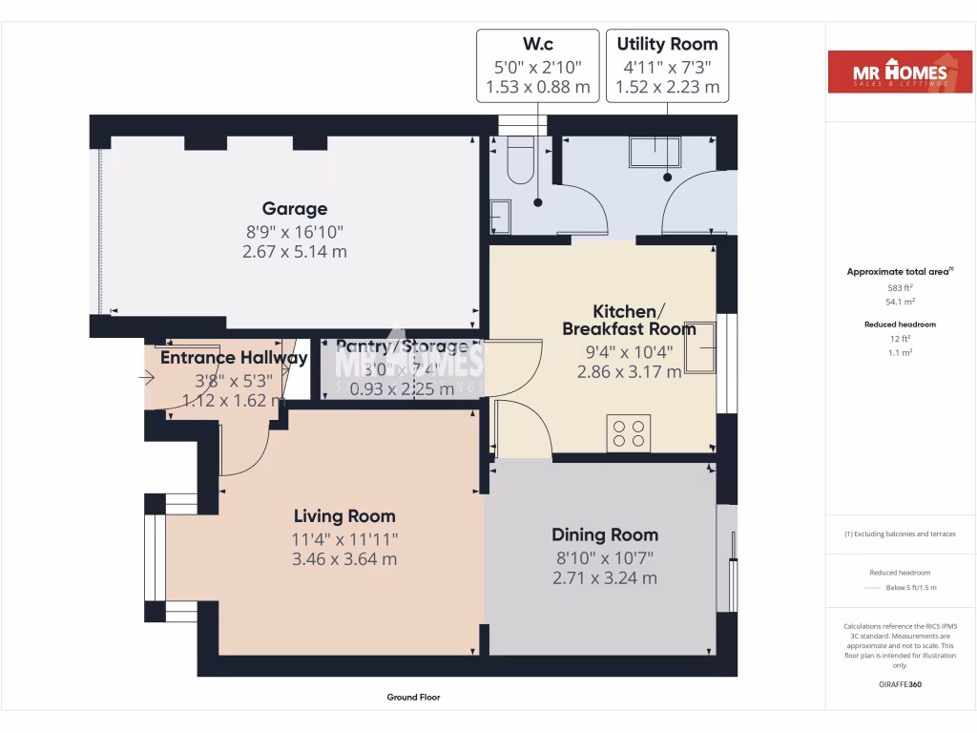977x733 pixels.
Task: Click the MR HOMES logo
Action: pyautogui.click(x=887, y=72)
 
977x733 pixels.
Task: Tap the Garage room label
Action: pyautogui.click(x=295, y=208)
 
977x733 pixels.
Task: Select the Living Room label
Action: pyautogui.click(x=344, y=516)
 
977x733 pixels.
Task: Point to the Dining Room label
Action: pyautogui.click(x=605, y=534)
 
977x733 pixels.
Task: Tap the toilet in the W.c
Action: pyautogui.click(x=521, y=159)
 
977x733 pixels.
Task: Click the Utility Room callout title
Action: pyautogui.click(x=667, y=44)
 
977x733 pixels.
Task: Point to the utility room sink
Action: pyautogui.click(x=655, y=152)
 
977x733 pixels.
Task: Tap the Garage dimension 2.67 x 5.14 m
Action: pyautogui.click(x=295, y=252)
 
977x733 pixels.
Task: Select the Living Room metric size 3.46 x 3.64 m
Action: pyautogui.click(x=344, y=559)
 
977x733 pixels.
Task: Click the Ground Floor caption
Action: pyautogui.click(x=413, y=698)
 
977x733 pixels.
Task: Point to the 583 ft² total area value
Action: pyautogui.click(x=901, y=287)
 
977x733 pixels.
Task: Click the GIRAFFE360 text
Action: pyautogui.click(x=901, y=683)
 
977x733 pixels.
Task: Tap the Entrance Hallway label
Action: pyautogui.click(x=234, y=358)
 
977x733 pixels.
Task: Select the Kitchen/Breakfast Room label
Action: pyautogui.click(x=629, y=321)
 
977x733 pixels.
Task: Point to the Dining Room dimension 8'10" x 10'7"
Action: pyautogui.click(x=605, y=557)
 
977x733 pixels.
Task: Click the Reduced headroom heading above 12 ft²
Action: pyautogui.click(x=901, y=325)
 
